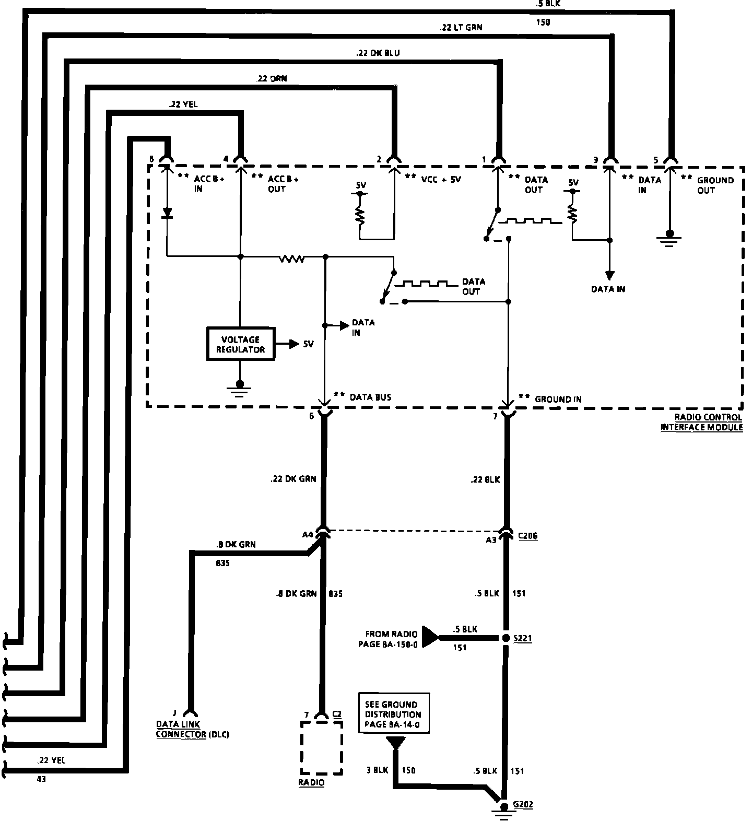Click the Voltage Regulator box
click(x=241, y=344)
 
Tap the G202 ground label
click(x=523, y=804)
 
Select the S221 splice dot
click(x=506, y=638)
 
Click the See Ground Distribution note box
click(x=394, y=714)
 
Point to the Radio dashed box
click(x=321, y=747)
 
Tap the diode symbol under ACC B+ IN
click(x=167, y=213)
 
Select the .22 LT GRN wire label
click(x=461, y=28)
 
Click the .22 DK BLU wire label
click(x=379, y=53)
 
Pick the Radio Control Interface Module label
click(x=703, y=422)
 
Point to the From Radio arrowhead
click(x=430, y=638)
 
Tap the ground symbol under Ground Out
click(x=669, y=238)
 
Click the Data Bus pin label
click(x=370, y=397)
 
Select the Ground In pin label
click(x=558, y=399)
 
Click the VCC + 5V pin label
click(x=440, y=179)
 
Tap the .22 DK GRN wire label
click(x=293, y=478)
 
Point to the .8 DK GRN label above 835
click(x=236, y=544)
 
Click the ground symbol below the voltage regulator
click(x=240, y=390)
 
